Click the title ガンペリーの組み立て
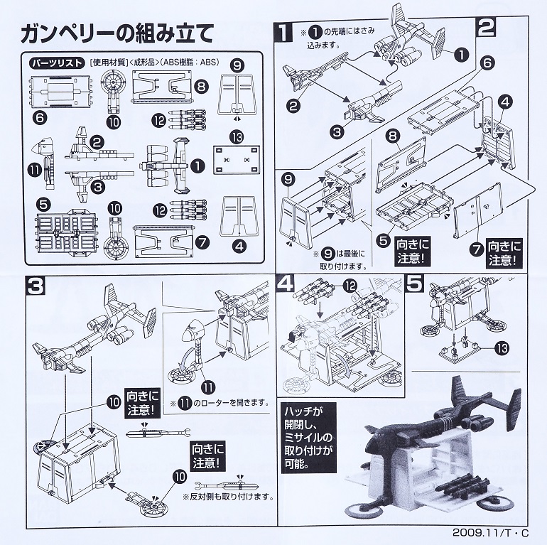pos(117,34)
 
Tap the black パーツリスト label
pos(58,63)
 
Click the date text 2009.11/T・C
pos(490,533)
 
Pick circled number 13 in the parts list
pos(237,137)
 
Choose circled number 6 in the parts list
pos(40,117)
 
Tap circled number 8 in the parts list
pos(201,86)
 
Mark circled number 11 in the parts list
pos(34,171)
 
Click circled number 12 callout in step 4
pos(350,286)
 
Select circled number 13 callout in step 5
pos(502,348)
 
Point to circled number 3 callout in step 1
pos(337,131)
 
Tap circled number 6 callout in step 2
pos(487,63)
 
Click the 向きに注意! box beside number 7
pos(504,253)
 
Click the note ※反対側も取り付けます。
pos(227,497)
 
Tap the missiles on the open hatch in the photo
pos(460,487)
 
